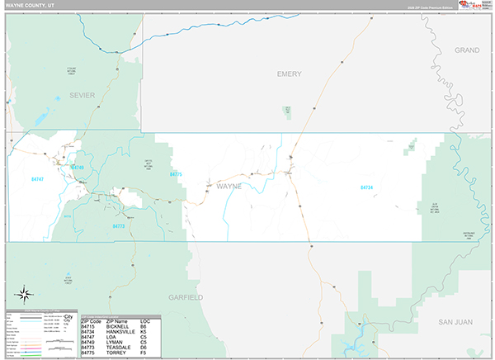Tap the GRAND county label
[x=467, y=50]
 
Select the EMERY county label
[x=289, y=73]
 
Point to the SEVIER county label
[x=82, y=95]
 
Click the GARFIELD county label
[x=186, y=296]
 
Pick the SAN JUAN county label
[x=455, y=320]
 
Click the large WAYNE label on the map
[x=229, y=187]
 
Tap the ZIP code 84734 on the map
[x=366, y=187]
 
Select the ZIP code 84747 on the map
[x=37, y=178]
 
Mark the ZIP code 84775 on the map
[x=175, y=174]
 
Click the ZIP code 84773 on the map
[x=118, y=225]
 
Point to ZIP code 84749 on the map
[x=78, y=167]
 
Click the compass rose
[x=25, y=292]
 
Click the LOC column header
[x=145, y=321]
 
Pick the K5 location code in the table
[x=144, y=332]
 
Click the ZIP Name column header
[x=116, y=321]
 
